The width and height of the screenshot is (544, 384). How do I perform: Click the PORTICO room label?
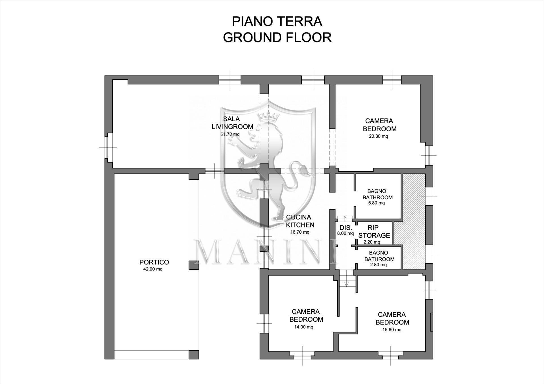(154, 262)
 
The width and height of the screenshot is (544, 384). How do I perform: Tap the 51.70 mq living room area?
(230, 134)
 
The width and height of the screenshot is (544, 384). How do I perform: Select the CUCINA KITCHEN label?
(300, 221)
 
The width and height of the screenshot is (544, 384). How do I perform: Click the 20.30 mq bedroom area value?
(378, 136)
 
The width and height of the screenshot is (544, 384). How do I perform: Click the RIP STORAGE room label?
(374, 232)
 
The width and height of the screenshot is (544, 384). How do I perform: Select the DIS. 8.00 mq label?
(345, 230)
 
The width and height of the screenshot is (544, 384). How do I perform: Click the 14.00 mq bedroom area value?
(303, 327)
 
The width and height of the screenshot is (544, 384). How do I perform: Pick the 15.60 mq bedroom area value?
(392, 330)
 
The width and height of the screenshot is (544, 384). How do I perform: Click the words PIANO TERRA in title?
(277, 22)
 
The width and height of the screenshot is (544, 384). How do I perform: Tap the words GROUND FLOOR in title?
(277, 38)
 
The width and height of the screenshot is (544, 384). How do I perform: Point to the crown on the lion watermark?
(267, 116)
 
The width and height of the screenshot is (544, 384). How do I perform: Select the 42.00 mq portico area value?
(153, 269)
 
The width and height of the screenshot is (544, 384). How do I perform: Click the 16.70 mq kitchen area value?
(299, 232)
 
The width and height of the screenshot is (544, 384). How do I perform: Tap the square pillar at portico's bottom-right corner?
(194, 355)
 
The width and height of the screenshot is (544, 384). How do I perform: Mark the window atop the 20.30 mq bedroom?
(392, 80)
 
